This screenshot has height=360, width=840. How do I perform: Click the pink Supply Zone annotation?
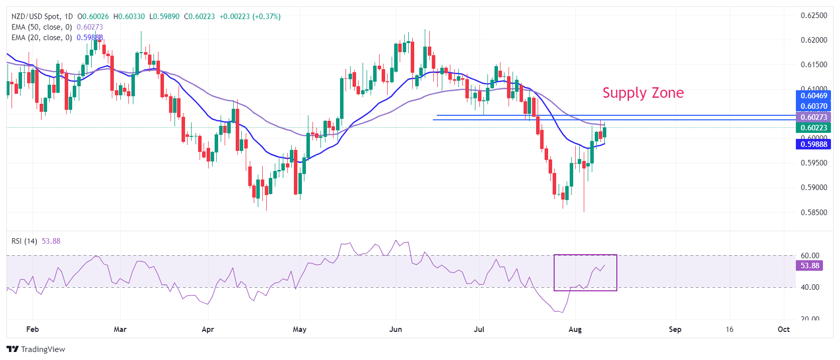click(x=643, y=93)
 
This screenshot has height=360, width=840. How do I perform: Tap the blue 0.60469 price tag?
click(x=813, y=96)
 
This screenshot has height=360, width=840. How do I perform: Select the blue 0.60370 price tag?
click(x=813, y=106)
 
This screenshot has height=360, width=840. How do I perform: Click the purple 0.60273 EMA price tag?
click(x=813, y=117)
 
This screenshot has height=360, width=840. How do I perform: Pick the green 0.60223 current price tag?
click(x=813, y=128)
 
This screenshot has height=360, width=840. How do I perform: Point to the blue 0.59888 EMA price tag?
click(x=813, y=144)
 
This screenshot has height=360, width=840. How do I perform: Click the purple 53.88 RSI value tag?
click(x=809, y=266)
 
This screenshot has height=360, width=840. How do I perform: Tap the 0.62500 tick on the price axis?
click(x=813, y=16)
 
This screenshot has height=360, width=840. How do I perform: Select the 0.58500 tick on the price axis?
click(x=813, y=213)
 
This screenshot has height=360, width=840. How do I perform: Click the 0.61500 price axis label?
click(x=813, y=65)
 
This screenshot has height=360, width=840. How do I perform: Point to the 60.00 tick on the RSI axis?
click(x=810, y=256)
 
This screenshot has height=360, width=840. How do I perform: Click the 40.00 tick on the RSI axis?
click(x=810, y=287)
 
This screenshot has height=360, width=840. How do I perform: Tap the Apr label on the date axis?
click(x=208, y=329)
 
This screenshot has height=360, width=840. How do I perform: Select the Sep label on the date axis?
click(x=675, y=329)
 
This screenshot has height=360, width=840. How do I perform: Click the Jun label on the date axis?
click(x=396, y=329)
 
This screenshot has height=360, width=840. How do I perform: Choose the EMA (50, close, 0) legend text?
click(x=42, y=27)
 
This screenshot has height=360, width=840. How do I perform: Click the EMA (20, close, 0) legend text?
click(x=42, y=38)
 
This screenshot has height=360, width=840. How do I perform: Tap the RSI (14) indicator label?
click(x=24, y=241)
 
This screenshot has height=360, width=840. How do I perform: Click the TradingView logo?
click(x=36, y=349)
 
